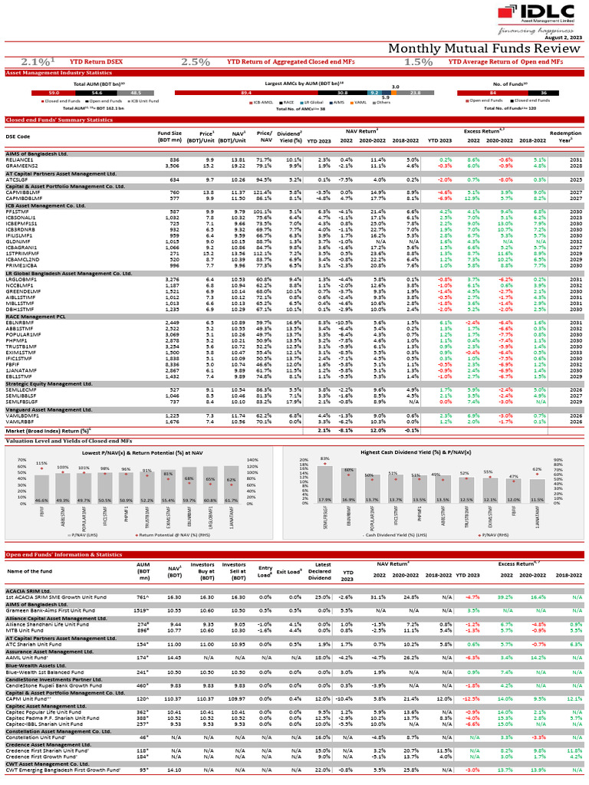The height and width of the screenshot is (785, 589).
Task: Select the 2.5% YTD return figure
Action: point(195,61)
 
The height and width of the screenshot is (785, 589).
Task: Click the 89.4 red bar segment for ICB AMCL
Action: point(246,92)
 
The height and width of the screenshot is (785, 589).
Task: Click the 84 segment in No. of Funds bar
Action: point(493,92)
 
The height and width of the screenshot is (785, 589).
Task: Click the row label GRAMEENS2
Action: point(20,165)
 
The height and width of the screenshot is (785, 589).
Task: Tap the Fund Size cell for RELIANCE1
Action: point(174,159)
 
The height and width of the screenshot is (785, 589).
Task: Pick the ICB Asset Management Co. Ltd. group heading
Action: point(48,205)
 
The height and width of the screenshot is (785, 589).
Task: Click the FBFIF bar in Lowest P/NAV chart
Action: point(42,488)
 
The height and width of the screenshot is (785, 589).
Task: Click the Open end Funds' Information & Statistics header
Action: point(64,553)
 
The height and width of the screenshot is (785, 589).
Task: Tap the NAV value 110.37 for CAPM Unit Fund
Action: point(174,699)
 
